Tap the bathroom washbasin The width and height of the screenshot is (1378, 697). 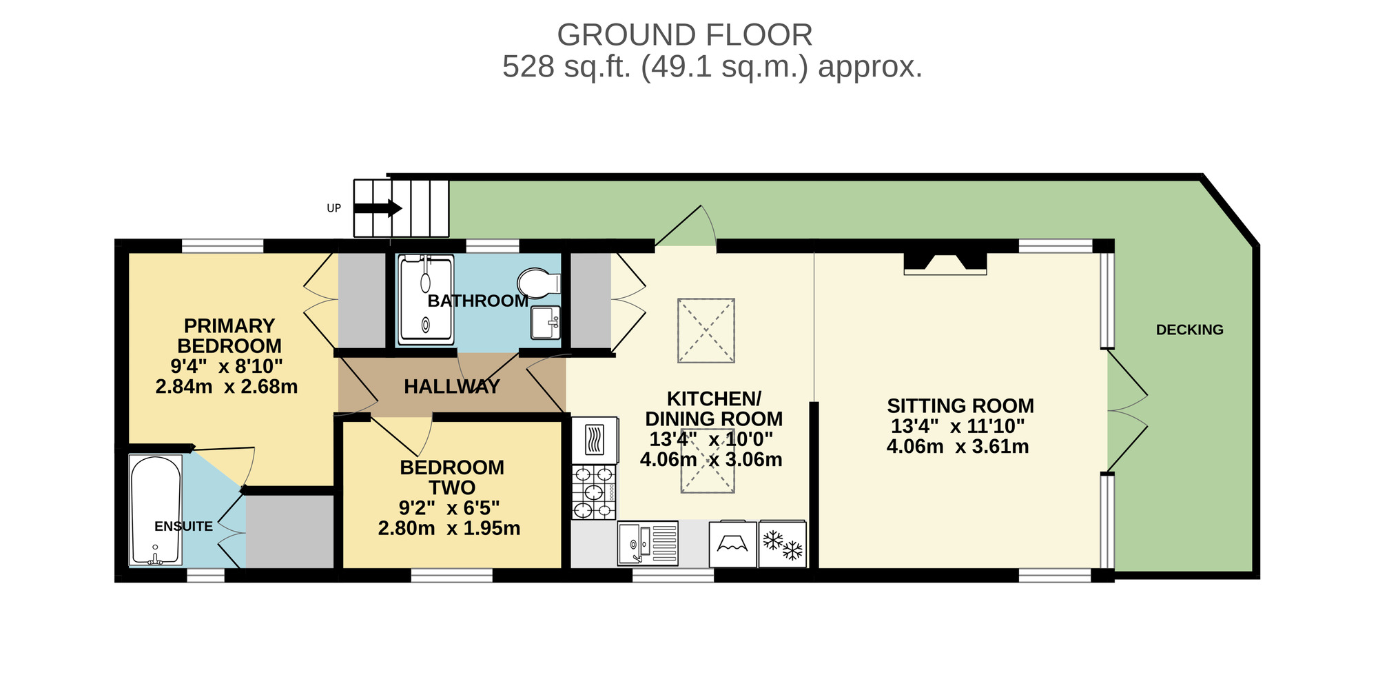546,323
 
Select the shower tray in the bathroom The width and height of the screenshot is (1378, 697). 426,300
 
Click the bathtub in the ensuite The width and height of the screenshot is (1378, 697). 156,510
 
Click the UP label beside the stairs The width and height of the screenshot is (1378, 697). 333,208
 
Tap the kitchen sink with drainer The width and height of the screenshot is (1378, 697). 648,543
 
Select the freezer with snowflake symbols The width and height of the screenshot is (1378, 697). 783,545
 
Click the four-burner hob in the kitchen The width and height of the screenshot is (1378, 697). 594,492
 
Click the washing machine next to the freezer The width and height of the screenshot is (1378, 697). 732,545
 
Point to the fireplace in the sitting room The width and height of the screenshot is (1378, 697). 945,263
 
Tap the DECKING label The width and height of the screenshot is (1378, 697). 1189,330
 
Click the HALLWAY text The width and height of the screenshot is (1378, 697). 452,387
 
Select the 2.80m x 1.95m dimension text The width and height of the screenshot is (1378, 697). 449,529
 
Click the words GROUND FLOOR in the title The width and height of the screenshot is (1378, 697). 684,35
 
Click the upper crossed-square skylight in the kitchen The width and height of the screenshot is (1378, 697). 706,330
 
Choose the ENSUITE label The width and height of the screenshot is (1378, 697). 183,527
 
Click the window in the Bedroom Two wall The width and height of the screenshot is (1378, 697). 452,575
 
